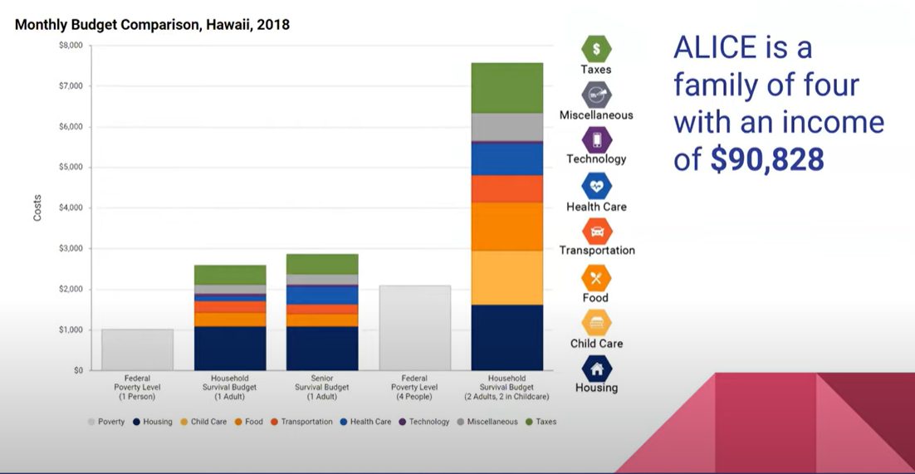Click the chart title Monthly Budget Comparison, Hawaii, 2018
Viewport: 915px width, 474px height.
point(152,25)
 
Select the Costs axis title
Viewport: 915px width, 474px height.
point(37,208)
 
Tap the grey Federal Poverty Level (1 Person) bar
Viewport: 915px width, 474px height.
point(138,349)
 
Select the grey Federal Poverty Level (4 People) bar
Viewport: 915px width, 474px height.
point(414,328)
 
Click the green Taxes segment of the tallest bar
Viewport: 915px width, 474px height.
point(506,87)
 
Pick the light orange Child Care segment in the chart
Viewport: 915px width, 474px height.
point(506,278)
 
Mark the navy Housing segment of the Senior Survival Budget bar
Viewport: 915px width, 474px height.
point(322,348)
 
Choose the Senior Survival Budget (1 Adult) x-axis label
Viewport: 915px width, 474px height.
point(322,388)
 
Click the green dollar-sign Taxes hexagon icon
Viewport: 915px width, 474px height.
point(596,48)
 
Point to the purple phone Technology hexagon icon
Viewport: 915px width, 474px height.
point(596,139)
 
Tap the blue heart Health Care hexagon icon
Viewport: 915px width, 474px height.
point(596,186)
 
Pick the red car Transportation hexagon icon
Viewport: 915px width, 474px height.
point(596,231)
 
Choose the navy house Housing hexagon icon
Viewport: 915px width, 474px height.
point(596,368)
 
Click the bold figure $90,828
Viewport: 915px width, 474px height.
point(767,159)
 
